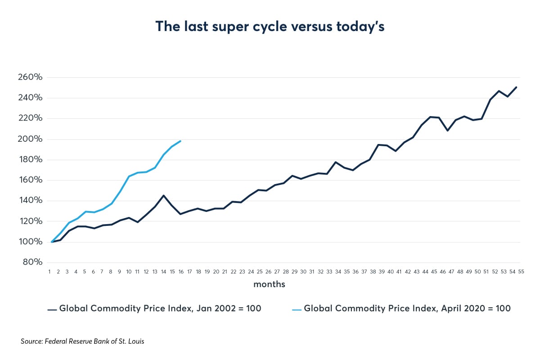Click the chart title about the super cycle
[x=270, y=27]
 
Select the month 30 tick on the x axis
[x=303, y=272]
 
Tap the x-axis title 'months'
[x=269, y=284]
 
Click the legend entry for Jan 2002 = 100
[x=160, y=309]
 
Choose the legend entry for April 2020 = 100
[x=407, y=309]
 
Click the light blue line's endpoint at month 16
[x=180, y=141]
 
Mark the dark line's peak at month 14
[x=163, y=195]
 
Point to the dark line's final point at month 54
[x=516, y=87]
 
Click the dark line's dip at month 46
[x=447, y=130]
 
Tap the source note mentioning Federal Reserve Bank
[x=82, y=342]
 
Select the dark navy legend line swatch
[x=52, y=309]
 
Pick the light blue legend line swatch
[x=297, y=309]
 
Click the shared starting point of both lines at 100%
[x=52, y=242]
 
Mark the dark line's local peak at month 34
[x=336, y=162]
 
